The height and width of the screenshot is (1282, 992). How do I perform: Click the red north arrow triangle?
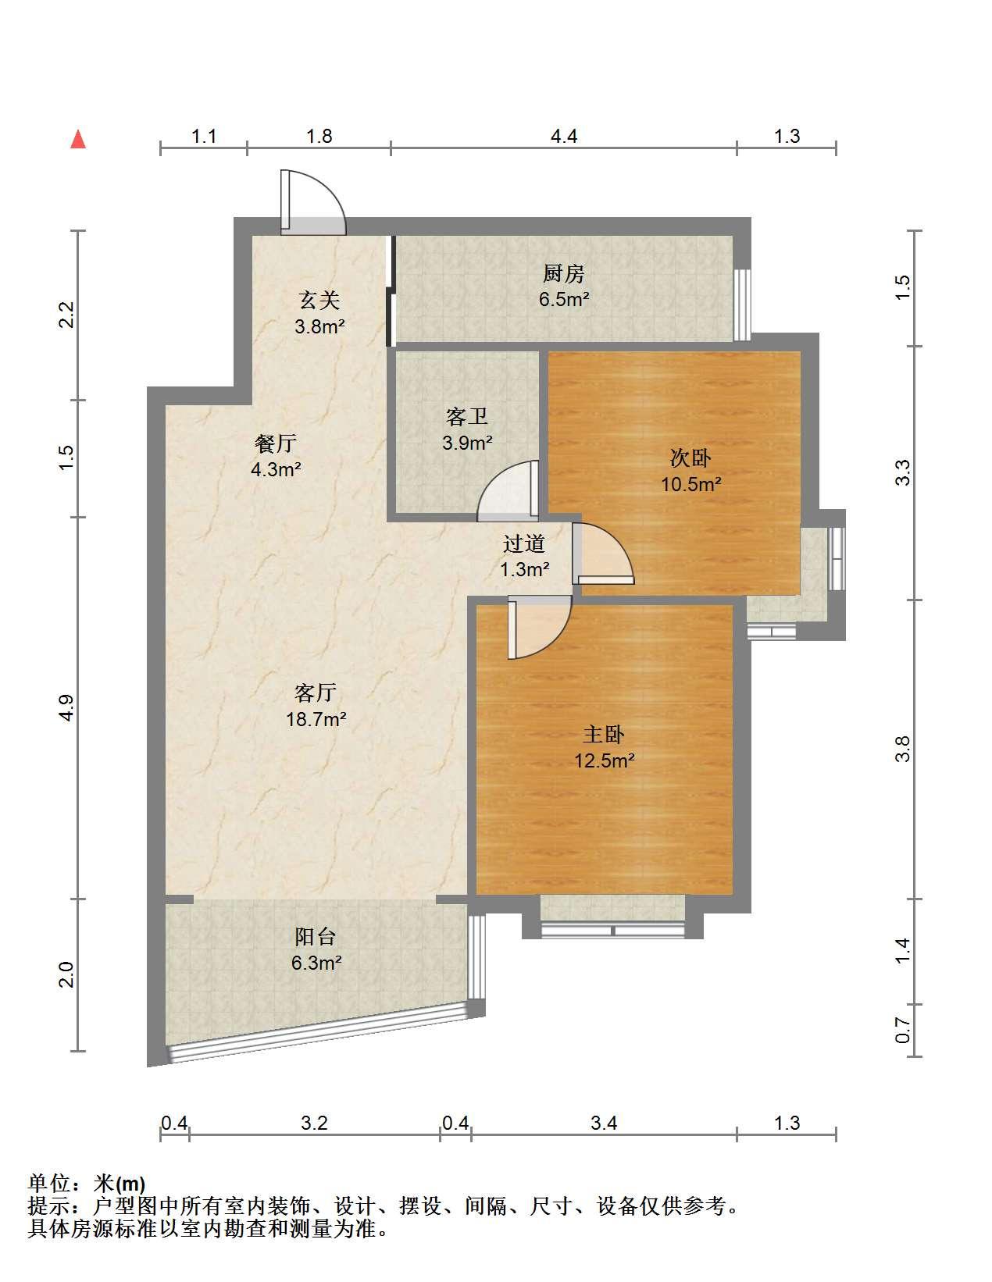click(78, 140)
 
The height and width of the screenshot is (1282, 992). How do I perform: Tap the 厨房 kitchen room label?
click(564, 274)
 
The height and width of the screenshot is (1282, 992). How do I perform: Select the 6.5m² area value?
click(564, 300)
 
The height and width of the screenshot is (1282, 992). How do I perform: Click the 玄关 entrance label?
click(319, 301)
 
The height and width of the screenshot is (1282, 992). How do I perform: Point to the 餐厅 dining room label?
click(276, 443)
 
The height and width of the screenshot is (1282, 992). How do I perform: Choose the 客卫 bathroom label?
click(467, 416)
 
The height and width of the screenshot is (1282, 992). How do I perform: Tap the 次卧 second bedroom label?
click(690, 458)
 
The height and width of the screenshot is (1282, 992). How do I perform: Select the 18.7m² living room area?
click(316, 720)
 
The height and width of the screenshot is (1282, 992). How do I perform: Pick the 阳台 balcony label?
click(316, 937)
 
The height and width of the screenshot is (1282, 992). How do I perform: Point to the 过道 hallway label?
click(524, 543)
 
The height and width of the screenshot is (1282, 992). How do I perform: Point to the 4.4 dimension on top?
click(564, 137)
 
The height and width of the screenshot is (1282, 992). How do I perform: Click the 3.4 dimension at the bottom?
click(604, 1123)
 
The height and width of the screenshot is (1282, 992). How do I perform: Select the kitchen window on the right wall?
click(742, 305)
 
